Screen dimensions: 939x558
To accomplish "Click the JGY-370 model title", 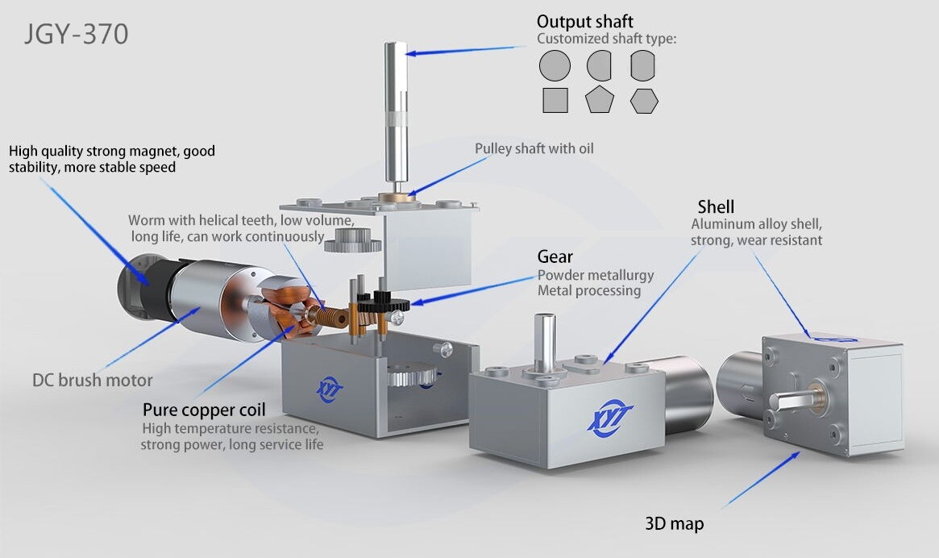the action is click(x=76, y=34).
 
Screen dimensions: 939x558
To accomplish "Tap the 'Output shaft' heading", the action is click(x=584, y=22).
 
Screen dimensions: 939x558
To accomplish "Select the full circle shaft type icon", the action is click(x=555, y=65).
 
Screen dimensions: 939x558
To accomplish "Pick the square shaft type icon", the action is click(x=555, y=100).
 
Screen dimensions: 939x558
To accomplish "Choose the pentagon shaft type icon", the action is click(x=600, y=99).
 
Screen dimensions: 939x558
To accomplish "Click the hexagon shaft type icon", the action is click(x=644, y=101).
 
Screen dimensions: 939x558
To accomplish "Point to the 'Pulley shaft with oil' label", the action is click(x=534, y=148).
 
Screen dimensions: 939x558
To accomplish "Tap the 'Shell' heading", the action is click(x=716, y=206).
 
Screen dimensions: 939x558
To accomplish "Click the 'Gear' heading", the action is click(x=555, y=256).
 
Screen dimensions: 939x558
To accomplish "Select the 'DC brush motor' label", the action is click(x=92, y=380).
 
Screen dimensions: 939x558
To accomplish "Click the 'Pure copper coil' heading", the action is click(x=204, y=410).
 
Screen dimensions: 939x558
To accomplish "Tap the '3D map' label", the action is click(x=675, y=523).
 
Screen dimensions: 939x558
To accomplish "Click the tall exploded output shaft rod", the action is click(x=395, y=111).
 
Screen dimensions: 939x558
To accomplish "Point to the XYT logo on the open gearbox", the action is click(x=330, y=389).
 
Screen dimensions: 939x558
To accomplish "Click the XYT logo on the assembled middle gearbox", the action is click(x=610, y=415).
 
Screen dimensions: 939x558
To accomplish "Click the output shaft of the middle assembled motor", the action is click(x=544, y=342).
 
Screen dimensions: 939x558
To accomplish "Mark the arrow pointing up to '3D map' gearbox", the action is click(x=761, y=480).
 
